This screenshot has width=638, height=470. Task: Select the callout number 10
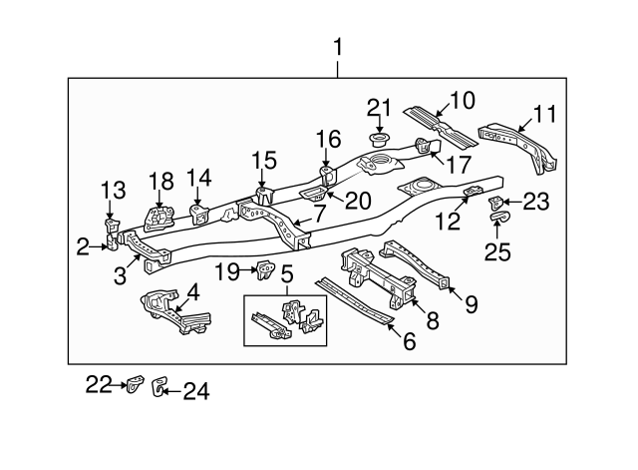[463, 100]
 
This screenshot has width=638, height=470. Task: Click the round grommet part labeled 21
[378, 137]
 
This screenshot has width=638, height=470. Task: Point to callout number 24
[197, 392]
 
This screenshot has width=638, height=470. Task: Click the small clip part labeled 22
[133, 384]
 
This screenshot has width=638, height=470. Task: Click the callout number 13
[113, 190]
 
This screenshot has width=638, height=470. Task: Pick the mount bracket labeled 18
[156, 219]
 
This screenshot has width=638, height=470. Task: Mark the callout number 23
[535, 202]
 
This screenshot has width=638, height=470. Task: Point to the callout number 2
[82, 243]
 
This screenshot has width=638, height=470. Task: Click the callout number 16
[329, 139]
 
